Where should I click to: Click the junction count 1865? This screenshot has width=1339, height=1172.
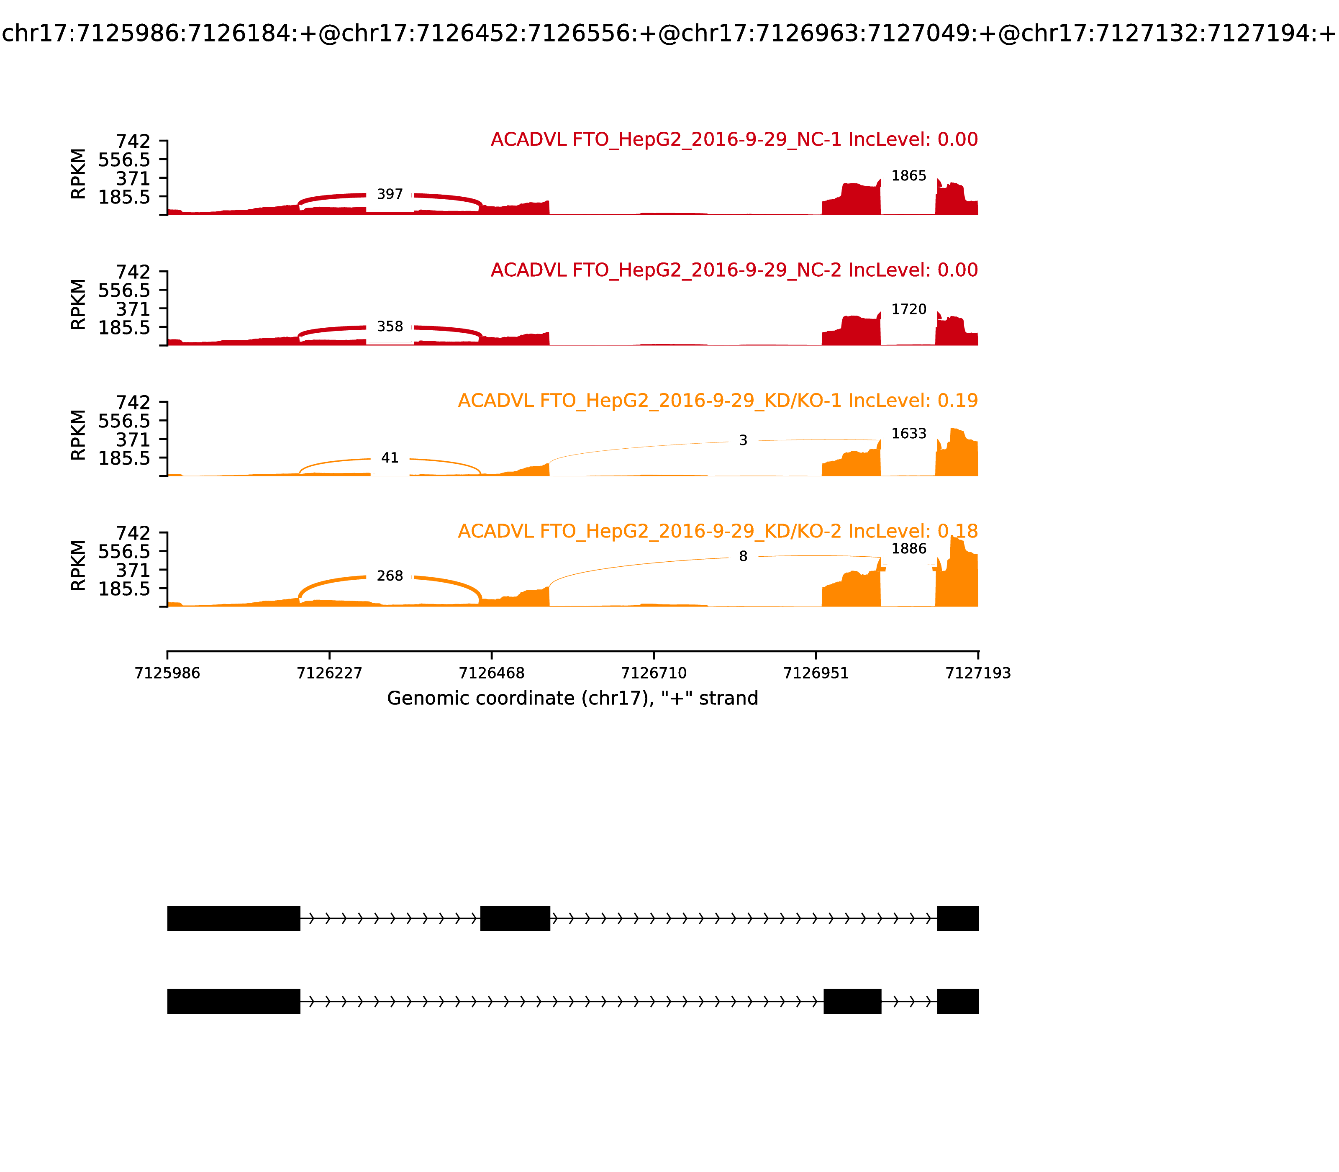pyautogui.click(x=909, y=176)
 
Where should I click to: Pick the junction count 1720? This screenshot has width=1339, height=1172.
pyautogui.click(x=909, y=309)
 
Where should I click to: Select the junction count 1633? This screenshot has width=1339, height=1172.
pyautogui.click(x=909, y=434)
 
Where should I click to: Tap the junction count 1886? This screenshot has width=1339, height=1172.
pyautogui.click(x=909, y=549)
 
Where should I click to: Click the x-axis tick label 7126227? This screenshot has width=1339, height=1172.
pyautogui.click(x=330, y=673)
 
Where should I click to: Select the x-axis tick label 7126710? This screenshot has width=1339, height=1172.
pyautogui.click(x=654, y=673)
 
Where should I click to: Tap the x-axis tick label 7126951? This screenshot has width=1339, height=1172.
pyautogui.click(x=816, y=673)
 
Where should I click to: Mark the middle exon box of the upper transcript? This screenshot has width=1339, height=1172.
pyautogui.click(x=515, y=918)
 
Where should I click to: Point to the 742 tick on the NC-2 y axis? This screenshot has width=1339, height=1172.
pyautogui.click(x=133, y=271)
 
